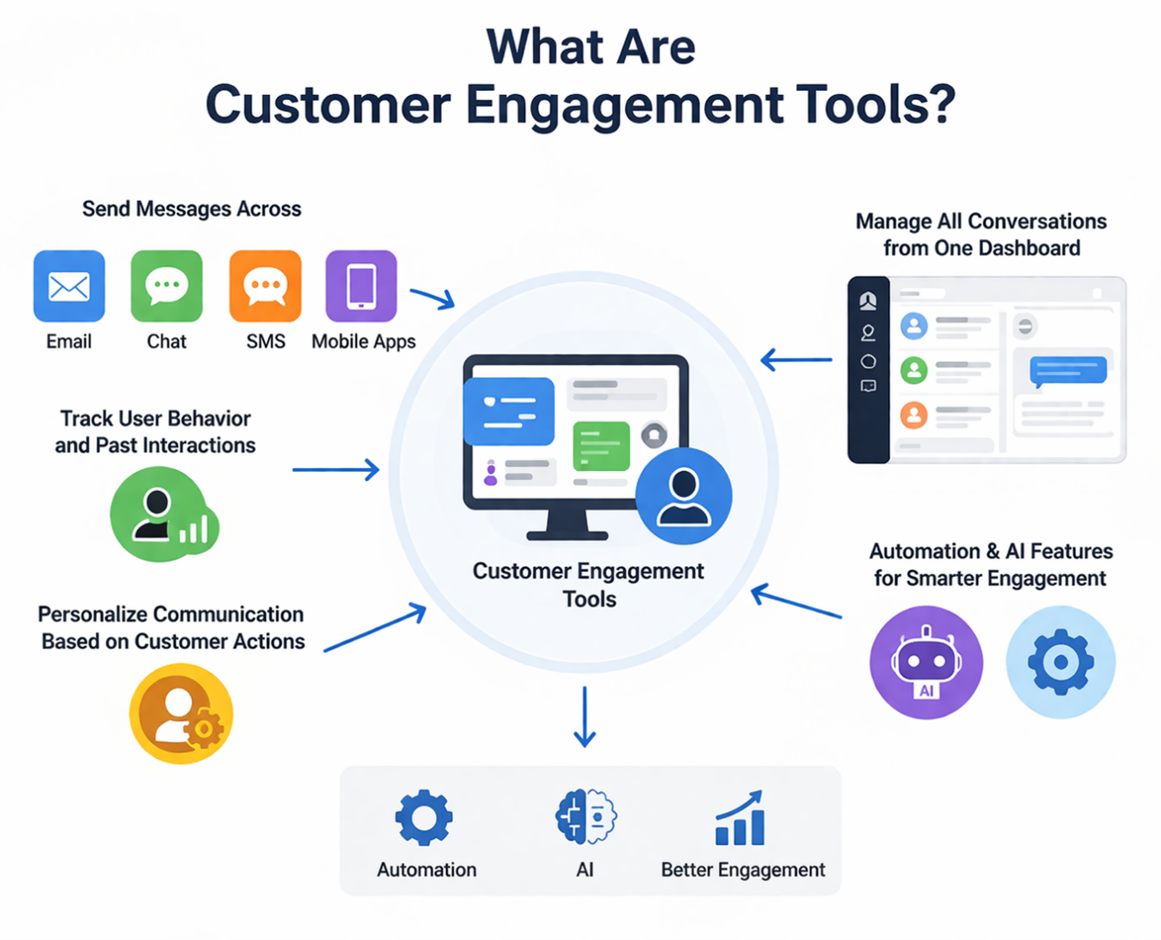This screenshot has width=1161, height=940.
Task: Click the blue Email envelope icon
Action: tap(69, 286)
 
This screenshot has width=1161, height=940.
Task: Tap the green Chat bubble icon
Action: tap(167, 286)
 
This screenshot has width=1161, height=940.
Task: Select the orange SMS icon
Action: tap(265, 286)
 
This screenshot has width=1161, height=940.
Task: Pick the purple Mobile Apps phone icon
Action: tap(361, 286)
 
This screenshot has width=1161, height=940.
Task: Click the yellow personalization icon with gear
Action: tap(181, 713)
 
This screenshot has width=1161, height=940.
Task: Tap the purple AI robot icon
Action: tap(926, 662)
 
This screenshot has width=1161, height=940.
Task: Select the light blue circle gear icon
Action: tap(1061, 662)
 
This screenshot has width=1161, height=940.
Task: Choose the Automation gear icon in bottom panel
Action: tap(423, 817)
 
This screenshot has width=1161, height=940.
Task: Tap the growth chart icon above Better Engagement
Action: tap(741, 819)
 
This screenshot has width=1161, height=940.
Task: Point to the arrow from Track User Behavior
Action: tap(336, 469)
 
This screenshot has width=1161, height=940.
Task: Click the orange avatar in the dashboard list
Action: tap(913, 414)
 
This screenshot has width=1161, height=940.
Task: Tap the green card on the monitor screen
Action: tap(601, 446)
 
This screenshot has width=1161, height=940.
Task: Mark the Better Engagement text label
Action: tap(743, 870)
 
